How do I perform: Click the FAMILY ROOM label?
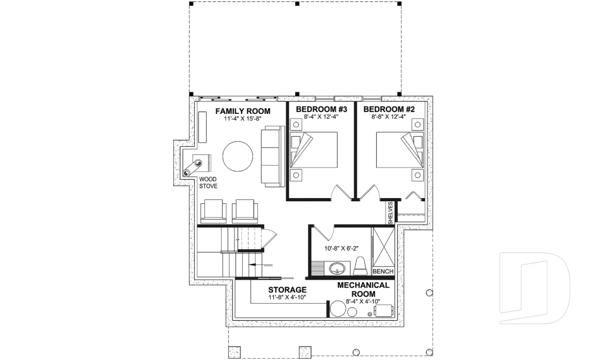pos(243,111)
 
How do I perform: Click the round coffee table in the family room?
pos(238,156)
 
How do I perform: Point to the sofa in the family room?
pos(273,156)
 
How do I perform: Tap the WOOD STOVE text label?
pos(208,183)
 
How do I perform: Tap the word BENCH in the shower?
pos(383,271)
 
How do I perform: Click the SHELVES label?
pos(391,213)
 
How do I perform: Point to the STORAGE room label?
pos(287,290)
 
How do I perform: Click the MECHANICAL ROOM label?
pos(364,289)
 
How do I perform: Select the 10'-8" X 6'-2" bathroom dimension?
pos(340,249)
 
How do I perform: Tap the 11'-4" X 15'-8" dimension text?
pos(243,118)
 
